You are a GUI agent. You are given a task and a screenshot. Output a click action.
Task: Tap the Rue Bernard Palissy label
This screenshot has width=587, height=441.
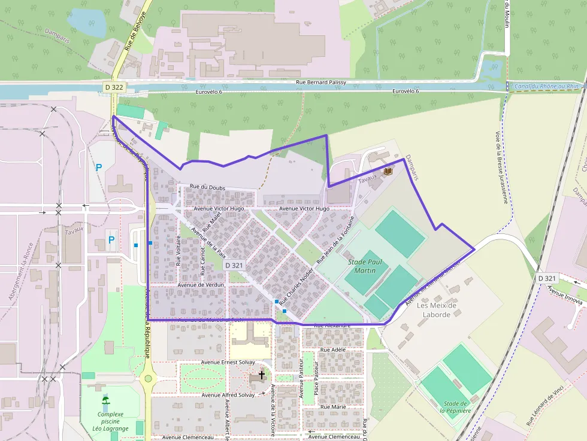327,83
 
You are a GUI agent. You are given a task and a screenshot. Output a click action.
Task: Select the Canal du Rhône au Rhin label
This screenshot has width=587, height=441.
547,86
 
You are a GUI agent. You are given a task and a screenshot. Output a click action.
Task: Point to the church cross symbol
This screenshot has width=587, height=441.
261,374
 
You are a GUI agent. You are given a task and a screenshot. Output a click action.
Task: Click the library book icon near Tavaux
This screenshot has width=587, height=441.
388,172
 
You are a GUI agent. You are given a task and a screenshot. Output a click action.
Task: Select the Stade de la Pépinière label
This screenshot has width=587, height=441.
456,407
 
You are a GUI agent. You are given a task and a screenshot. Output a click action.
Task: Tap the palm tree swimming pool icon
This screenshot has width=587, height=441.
105,400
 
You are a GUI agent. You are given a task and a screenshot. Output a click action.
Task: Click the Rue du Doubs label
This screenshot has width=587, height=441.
207,188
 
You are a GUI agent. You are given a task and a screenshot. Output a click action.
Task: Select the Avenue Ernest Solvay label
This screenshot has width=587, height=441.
228,363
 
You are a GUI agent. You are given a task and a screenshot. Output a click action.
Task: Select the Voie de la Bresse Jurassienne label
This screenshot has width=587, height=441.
502,168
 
